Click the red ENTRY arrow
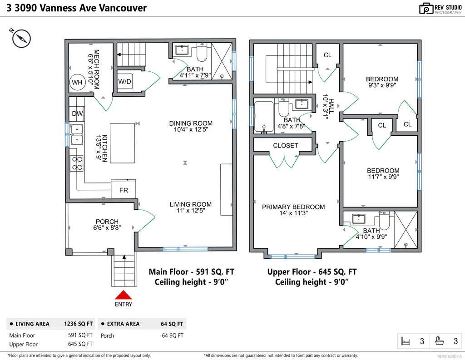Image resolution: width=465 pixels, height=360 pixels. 124,295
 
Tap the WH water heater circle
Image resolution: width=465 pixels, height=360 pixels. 77,82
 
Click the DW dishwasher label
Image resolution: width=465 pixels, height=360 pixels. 76,114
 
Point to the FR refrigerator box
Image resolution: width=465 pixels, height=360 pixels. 124,190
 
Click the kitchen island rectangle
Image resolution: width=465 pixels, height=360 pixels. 122,143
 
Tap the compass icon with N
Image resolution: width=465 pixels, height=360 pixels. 21,38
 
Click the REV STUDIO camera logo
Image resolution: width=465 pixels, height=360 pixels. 426,8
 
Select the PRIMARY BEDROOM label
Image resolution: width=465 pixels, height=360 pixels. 293,207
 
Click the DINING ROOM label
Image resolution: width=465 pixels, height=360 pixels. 191,123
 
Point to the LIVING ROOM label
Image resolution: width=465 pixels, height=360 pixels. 191,204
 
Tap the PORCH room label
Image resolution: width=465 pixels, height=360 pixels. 107,222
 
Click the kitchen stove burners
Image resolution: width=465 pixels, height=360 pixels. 77,163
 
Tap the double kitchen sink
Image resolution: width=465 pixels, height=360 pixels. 77,134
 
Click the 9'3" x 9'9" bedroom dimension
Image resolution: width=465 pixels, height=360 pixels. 382,84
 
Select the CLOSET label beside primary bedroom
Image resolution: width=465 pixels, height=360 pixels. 286,146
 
